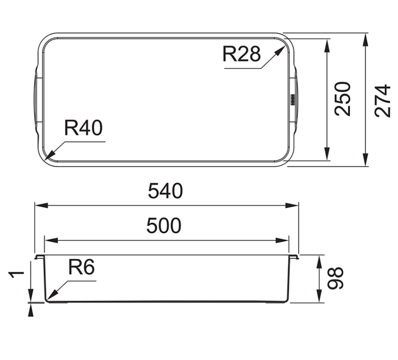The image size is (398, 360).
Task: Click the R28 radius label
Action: [x=241, y=54]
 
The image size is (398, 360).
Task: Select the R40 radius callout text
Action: [x=83, y=128]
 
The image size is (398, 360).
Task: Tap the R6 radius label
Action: [x=81, y=267]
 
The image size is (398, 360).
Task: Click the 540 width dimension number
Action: [x=165, y=191]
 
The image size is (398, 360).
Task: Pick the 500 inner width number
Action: [x=164, y=226]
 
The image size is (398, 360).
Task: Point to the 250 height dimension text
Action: [x=342, y=99]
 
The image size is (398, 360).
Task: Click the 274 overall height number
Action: [x=382, y=101]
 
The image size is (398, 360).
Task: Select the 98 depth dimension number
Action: [x=335, y=278]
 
